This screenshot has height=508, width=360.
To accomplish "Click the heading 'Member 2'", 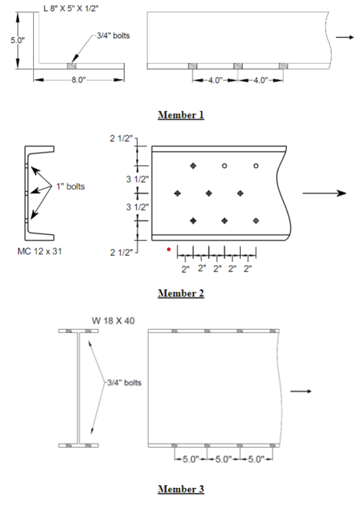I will [x=181, y=293].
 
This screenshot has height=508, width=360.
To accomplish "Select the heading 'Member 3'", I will [x=181, y=488].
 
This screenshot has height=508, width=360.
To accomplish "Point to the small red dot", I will [x=169, y=248].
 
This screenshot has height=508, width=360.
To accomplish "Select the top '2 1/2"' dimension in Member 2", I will [x=122, y=138].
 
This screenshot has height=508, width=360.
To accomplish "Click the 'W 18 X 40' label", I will [x=114, y=319].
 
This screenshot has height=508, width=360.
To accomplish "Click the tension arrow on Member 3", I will [x=301, y=391].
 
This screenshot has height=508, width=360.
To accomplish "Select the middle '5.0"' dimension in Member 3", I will [x=222, y=460].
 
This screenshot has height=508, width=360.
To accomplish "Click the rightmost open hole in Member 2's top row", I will [x=256, y=167].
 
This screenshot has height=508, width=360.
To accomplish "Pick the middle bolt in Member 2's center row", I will [x=208, y=193].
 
